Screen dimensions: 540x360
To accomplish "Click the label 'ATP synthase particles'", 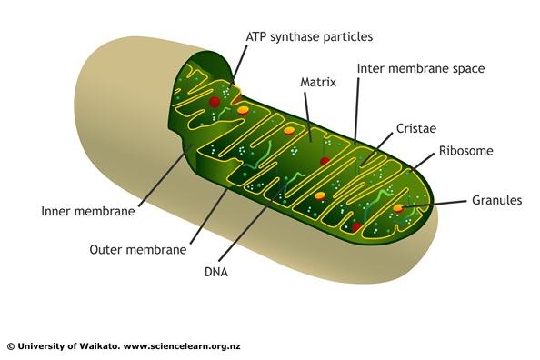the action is [x=309, y=37].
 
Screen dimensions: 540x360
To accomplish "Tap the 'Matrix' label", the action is [x=318, y=82].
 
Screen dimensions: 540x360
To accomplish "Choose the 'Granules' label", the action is [x=496, y=200].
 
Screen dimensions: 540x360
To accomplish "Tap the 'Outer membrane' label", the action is [x=138, y=248].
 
